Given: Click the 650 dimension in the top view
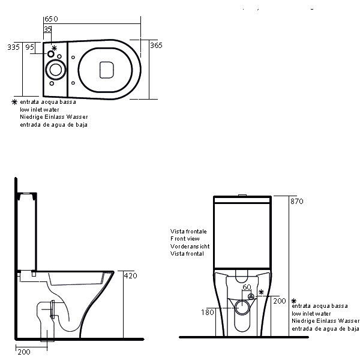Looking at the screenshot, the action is coord(51,19).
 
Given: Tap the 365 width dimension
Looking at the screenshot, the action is coord(156,45).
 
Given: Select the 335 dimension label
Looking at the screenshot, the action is coord(14,47).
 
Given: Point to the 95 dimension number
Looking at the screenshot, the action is coord(30,47).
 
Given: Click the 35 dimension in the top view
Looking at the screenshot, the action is coord(48,29).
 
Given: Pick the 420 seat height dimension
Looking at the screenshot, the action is coord(130,275).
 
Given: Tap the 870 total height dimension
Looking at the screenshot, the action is coord(297,202).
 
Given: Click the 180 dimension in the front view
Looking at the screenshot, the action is coord(208,312).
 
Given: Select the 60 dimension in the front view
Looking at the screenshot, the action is coord(247,287).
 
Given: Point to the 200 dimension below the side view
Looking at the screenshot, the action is coord(24,352).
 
